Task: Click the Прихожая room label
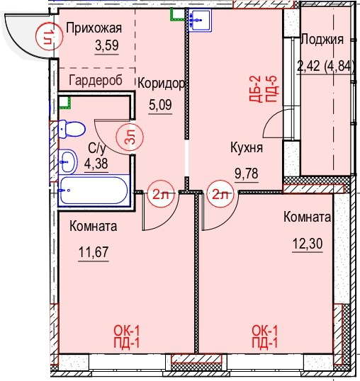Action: (x=94, y=28)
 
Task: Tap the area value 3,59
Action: (x=107, y=45)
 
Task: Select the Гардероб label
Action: (x=96, y=80)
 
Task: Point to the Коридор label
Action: (x=161, y=84)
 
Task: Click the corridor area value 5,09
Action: (x=160, y=105)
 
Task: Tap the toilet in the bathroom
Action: (x=72, y=129)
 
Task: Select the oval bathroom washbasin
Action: (x=68, y=161)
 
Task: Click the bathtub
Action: (x=94, y=190)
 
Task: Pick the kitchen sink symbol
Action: (x=200, y=20)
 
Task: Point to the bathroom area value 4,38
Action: (x=96, y=164)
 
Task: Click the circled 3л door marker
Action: (x=130, y=137)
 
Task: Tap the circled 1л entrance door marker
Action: (x=50, y=36)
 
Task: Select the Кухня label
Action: (x=247, y=148)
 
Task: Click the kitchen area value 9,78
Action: (x=247, y=174)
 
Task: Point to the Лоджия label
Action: (x=322, y=40)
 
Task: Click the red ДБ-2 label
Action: (x=255, y=89)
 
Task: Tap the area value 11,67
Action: (x=94, y=251)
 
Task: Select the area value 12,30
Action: (x=308, y=243)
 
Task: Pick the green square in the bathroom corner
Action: (x=65, y=103)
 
